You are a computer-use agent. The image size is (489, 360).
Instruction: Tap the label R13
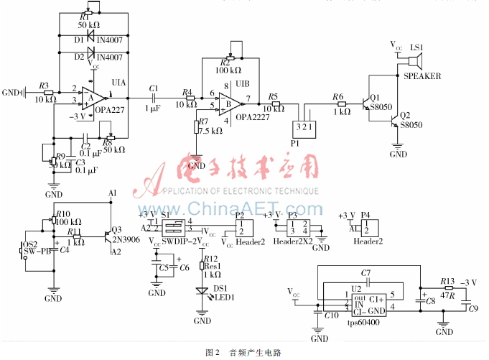point(447,281)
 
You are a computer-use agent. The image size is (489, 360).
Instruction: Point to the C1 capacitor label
point(153,88)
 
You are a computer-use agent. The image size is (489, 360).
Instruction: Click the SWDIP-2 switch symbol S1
point(173,227)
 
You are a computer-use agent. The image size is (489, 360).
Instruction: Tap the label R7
point(204,121)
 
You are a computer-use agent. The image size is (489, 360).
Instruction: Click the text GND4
point(12,92)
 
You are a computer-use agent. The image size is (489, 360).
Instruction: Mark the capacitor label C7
point(366,273)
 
